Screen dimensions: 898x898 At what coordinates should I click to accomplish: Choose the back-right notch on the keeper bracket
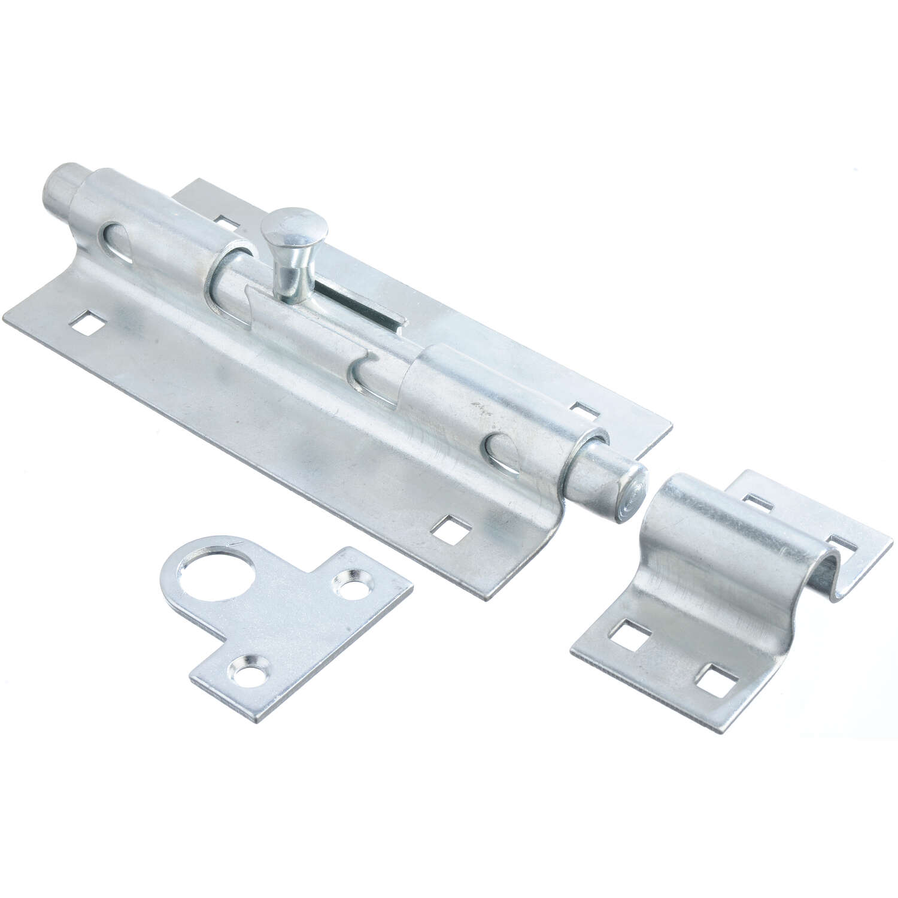pyautogui.click(x=844, y=545)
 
